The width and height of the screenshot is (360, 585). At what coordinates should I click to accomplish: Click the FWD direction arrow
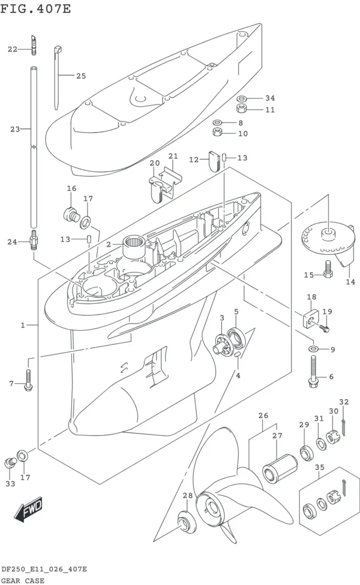coord(29,510)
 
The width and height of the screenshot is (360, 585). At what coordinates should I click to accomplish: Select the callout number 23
coord(15,130)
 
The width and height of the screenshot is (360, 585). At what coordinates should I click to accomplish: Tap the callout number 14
coord(350,282)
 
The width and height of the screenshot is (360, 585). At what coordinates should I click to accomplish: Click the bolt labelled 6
coord(313,371)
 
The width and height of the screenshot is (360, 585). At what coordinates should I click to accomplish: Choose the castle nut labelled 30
coord(332,437)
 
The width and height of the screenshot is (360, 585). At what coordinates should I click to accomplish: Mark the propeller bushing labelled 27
coord(280,468)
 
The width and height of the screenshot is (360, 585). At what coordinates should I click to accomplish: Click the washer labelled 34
coord(242,99)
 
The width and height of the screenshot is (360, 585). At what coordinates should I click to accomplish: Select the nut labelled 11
coord(242,109)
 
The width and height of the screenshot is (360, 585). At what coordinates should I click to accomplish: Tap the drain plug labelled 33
coord(10,463)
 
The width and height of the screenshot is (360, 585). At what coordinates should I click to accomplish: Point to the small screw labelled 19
coord(325,328)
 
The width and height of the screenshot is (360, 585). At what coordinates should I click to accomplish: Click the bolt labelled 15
coord(328,269)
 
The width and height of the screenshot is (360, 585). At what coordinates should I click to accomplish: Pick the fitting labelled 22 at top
coord(34,45)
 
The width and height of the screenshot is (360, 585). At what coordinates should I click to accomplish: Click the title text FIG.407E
coord(35,7)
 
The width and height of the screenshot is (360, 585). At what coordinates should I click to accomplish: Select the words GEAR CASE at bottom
coord(23,580)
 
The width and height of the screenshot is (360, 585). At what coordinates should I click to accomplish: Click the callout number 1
coord(23,325)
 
